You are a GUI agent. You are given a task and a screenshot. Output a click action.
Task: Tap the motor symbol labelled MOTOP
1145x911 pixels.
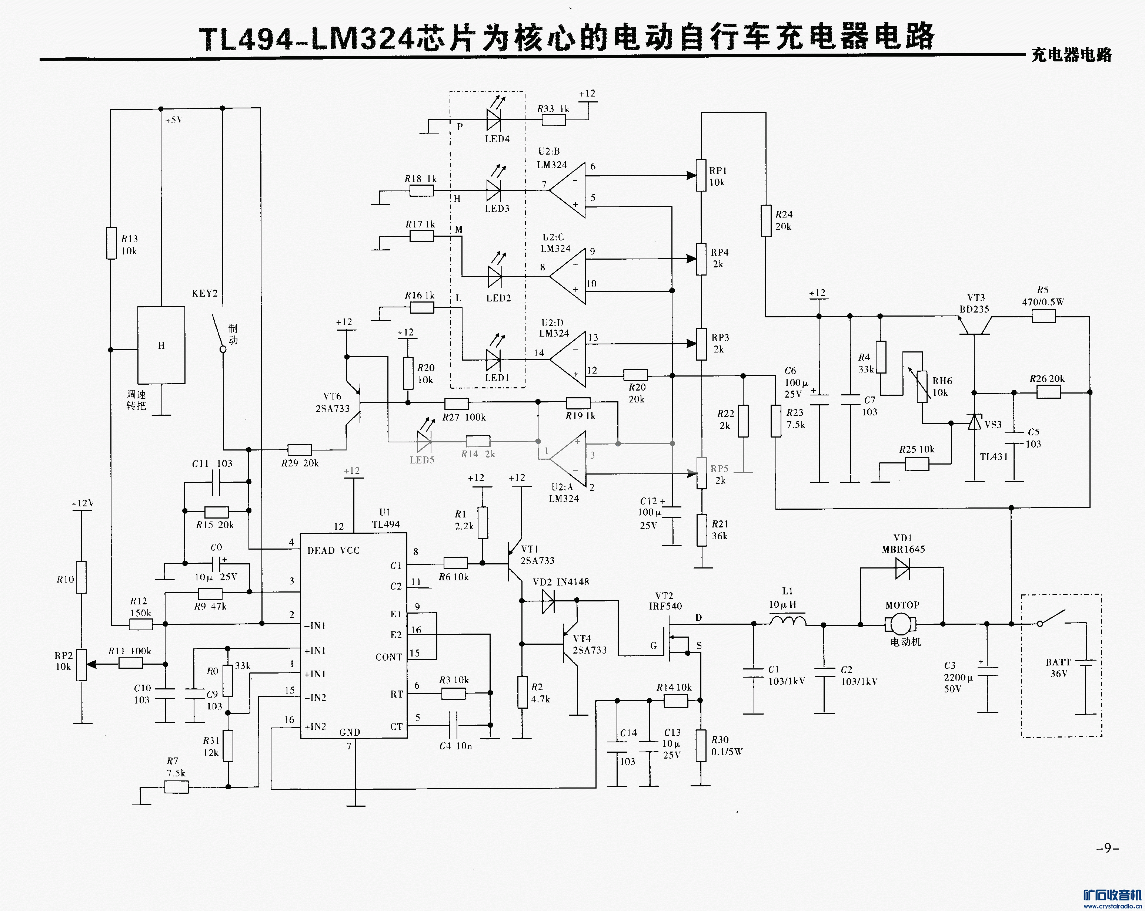pos(900,624)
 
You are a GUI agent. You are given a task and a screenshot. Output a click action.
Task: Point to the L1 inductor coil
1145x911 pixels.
pos(788,620)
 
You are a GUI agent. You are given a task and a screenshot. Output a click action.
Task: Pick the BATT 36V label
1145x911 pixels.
pos(1058,668)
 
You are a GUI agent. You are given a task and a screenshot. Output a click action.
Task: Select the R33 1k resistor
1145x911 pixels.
pos(553,121)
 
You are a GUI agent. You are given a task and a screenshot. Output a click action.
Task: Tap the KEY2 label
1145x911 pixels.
pos(205,293)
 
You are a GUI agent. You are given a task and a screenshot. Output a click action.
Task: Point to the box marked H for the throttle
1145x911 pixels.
pos(161,345)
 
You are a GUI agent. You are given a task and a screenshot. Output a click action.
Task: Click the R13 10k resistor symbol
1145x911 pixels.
pos(111,243)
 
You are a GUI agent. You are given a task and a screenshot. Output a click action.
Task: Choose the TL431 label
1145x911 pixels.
pos(994,456)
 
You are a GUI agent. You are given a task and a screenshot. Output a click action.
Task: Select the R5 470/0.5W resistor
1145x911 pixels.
pos(1044,317)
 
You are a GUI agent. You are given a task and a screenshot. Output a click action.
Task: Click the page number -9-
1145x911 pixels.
pos(1107,848)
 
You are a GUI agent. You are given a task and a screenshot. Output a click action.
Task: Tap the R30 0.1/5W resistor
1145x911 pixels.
pos(701,745)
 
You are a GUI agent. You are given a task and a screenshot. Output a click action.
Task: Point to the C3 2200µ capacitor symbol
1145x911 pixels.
pos(987,671)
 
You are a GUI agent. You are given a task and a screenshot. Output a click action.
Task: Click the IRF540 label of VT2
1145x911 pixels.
pos(665,606)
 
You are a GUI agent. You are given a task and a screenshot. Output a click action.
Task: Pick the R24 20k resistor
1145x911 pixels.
pos(765,221)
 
